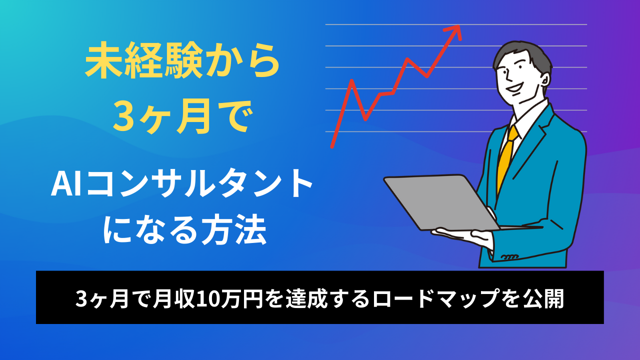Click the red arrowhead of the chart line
[x=454, y=31]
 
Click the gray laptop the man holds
[x=441, y=202]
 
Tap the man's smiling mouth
[x=515, y=87]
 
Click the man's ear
[x=544, y=78]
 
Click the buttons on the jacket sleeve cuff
[x=509, y=257]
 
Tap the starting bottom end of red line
[x=332, y=147]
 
